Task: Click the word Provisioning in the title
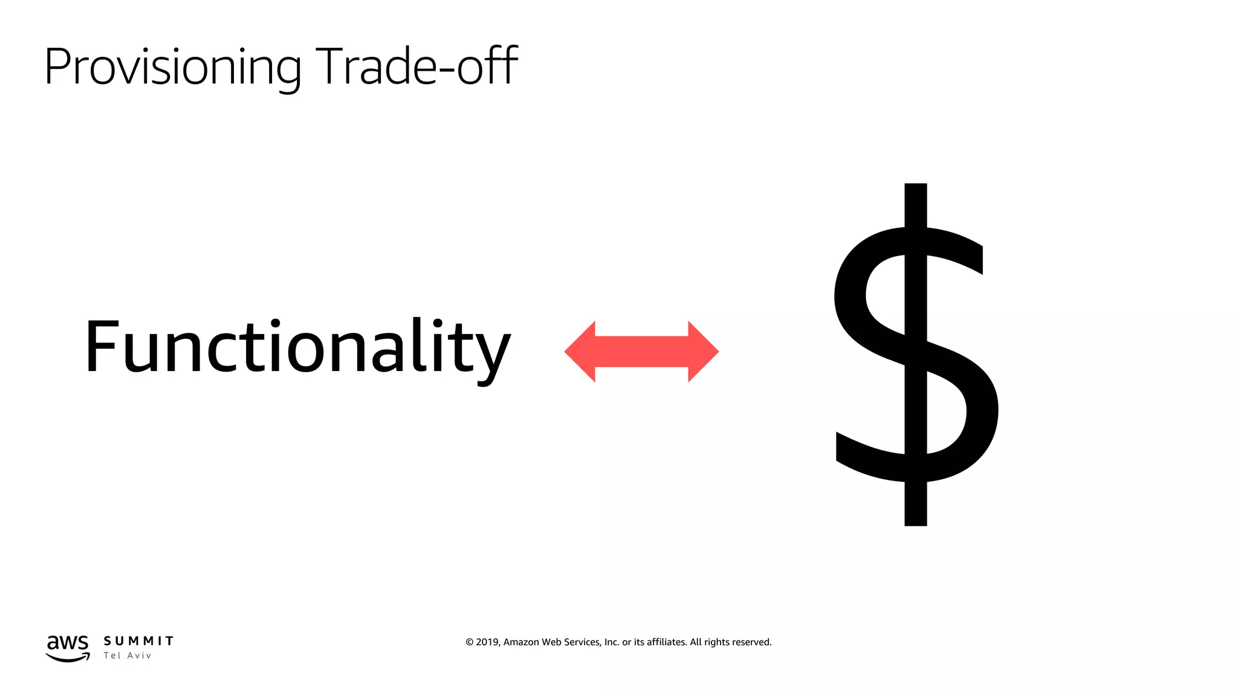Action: [172, 66]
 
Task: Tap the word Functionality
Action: [297, 347]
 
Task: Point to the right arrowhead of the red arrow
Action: [703, 352]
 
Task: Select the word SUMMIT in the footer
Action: [138, 641]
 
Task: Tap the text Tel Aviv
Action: [128, 656]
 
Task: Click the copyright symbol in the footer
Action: [469, 642]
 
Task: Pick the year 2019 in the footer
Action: [487, 642]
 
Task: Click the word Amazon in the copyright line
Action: [521, 642]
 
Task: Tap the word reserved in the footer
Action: [751, 642]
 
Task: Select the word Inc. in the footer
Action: [612, 642]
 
